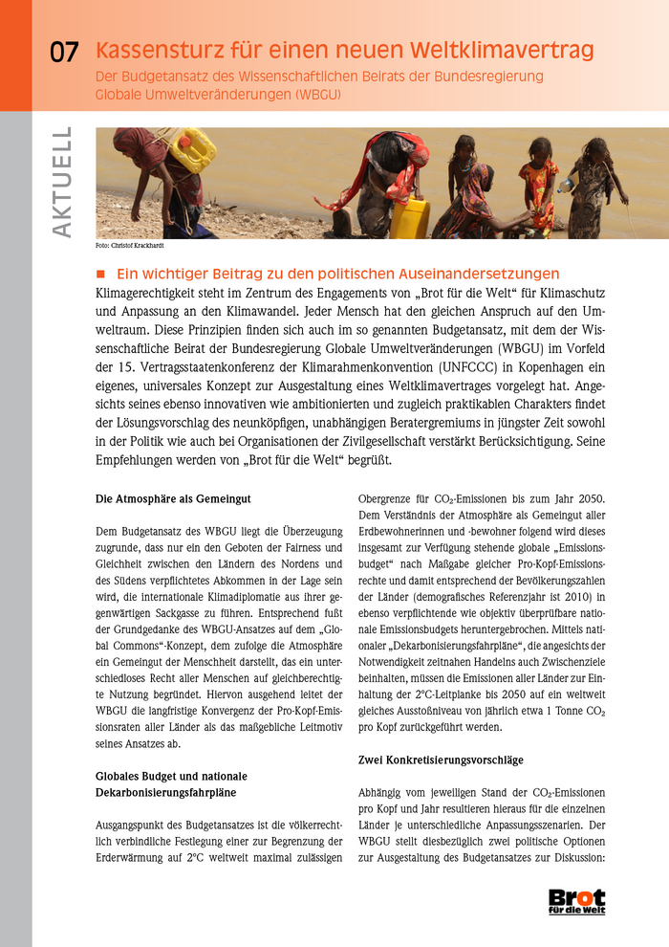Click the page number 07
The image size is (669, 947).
[63, 54]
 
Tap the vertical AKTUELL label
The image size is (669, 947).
[62, 183]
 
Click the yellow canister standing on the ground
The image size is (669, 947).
[409, 219]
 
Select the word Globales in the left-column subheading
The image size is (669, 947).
[119, 775]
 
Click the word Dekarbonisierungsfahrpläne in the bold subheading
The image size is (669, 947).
[172, 791]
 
